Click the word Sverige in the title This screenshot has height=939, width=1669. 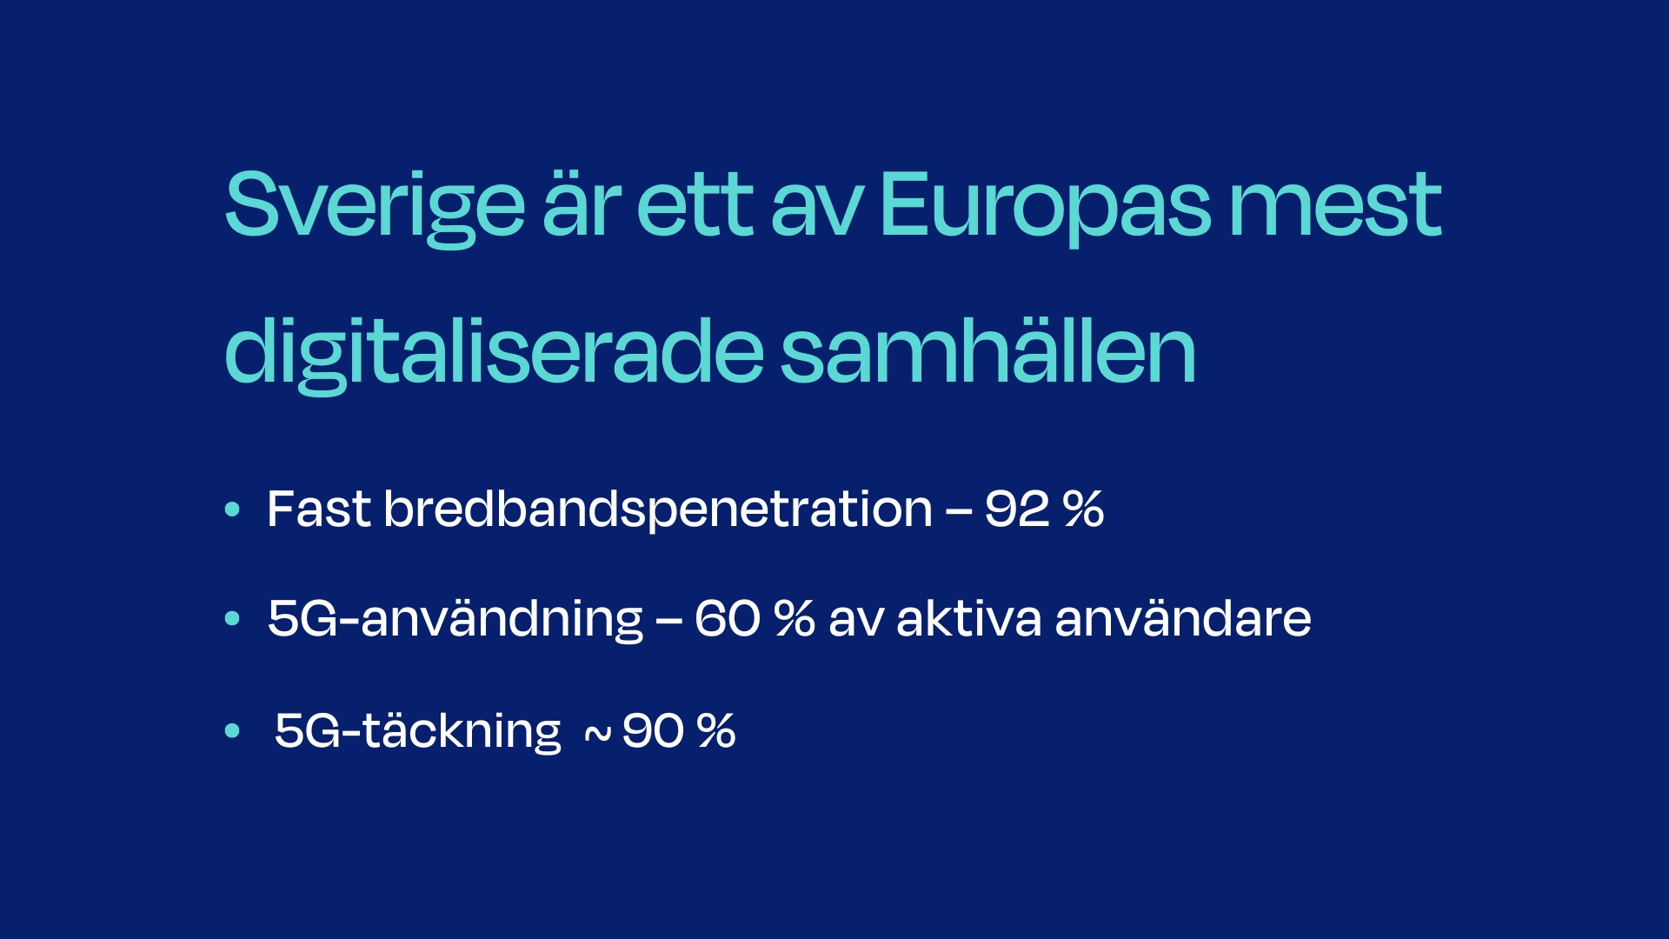click(x=375, y=208)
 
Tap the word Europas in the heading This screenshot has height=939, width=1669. click(x=1045, y=207)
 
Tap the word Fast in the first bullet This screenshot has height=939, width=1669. click(x=319, y=509)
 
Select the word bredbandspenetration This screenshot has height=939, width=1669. click(x=658, y=510)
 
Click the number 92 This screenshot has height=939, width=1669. click(x=1016, y=509)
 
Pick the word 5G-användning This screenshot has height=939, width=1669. click(x=455, y=620)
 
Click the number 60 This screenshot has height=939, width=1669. click(x=728, y=619)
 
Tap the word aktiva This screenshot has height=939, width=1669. click(x=968, y=618)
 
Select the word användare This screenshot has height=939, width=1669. click(x=1183, y=618)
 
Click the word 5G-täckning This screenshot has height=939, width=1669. click(x=418, y=731)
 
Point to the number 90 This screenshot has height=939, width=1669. click(x=654, y=731)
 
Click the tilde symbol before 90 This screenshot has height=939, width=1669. click(x=597, y=736)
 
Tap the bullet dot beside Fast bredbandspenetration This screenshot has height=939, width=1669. click(x=232, y=509)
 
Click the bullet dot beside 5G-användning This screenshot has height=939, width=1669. click(x=232, y=619)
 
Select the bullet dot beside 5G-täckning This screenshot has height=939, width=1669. click(x=232, y=730)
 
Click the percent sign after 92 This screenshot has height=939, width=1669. click(x=1083, y=509)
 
